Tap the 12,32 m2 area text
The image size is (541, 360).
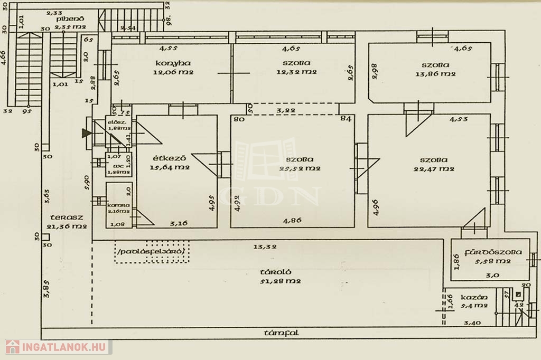tap(296, 72)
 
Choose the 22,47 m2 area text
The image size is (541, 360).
tap(434, 169)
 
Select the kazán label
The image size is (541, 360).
tap(473, 297)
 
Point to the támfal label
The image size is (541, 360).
tap(282, 333)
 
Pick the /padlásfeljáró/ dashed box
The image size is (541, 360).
tap(152, 253)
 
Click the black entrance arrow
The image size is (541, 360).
tap(86, 134)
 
